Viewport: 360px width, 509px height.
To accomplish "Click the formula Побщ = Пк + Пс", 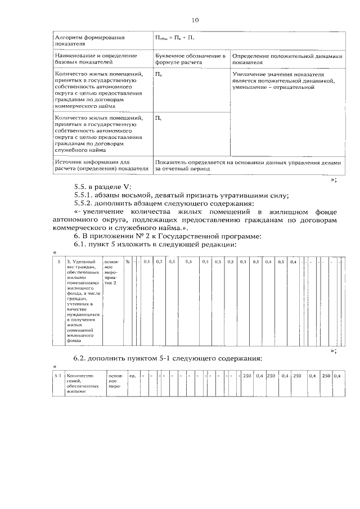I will click(x=175, y=39).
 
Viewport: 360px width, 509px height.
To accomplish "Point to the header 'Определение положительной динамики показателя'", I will click(x=286, y=59).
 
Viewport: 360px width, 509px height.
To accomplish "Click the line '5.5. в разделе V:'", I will click(x=101, y=187).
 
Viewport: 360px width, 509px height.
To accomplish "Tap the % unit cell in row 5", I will click(x=128, y=262).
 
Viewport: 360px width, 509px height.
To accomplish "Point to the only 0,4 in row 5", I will click(x=268, y=262).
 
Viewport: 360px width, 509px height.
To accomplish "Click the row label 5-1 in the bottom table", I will click(x=57, y=375).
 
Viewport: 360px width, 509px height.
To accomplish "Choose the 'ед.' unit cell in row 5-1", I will click(x=133, y=375).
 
